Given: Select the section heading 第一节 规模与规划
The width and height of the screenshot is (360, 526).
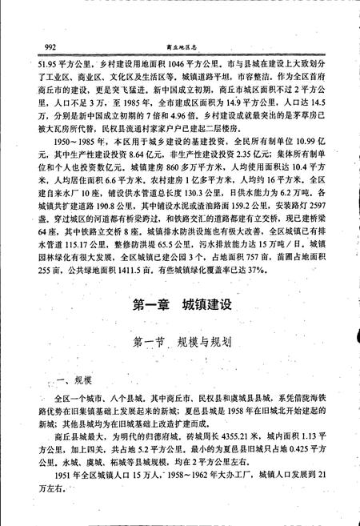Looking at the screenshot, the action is [180, 341].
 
